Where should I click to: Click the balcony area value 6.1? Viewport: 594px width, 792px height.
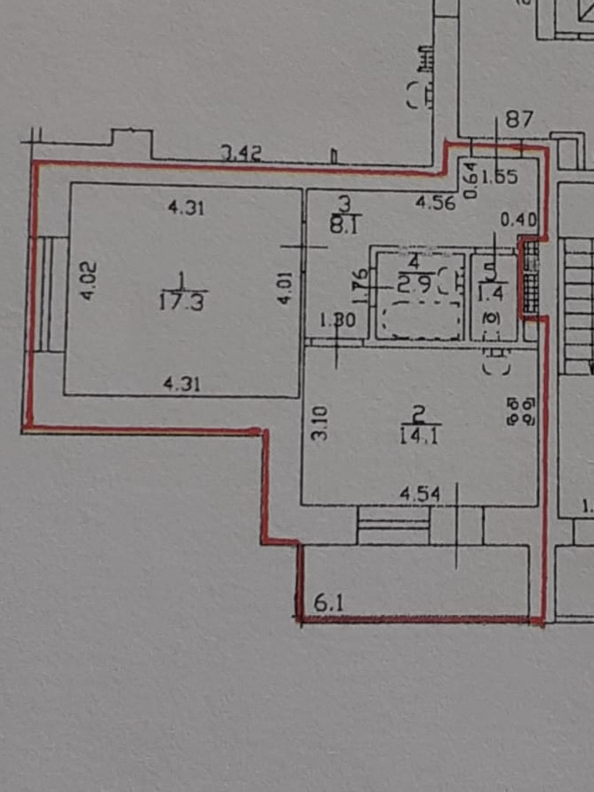pyautogui.click(x=329, y=602)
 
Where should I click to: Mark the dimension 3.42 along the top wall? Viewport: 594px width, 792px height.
pyautogui.click(x=239, y=154)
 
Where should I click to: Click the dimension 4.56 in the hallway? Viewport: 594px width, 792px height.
pyautogui.click(x=436, y=203)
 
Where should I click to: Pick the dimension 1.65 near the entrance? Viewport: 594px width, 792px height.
pyautogui.click(x=501, y=177)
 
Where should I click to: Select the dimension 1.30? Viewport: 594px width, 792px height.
pyautogui.click(x=338, y=322)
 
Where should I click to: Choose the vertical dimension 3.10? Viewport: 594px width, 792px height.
pyautogui.click(x=321, y=422)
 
